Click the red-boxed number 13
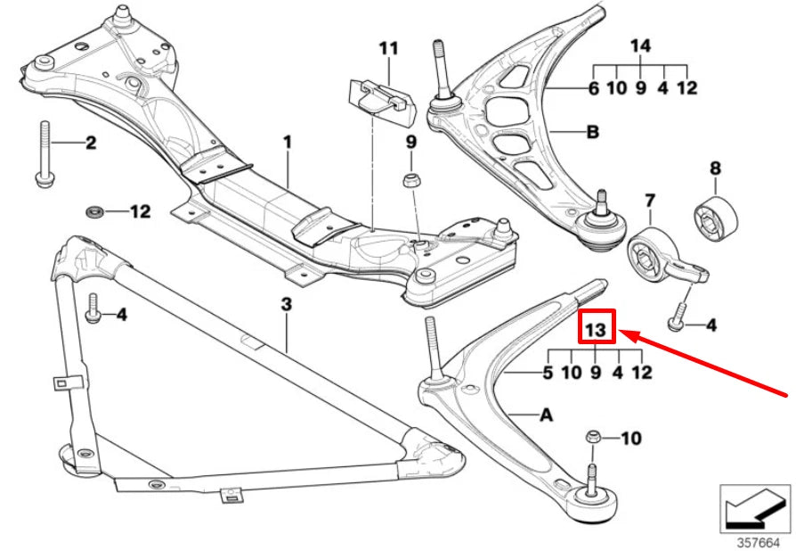pos(595,330)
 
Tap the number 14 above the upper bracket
pos(641,46)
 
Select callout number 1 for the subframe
pos(288,142)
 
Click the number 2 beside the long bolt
pos(90,143)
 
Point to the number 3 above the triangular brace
pos(286,305)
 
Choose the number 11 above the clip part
pos(389,47)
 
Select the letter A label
pos(546,415)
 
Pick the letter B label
pos(592,134)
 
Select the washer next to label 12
pos(93,212)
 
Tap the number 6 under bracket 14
pos(593,87)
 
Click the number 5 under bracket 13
pos(548,372)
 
